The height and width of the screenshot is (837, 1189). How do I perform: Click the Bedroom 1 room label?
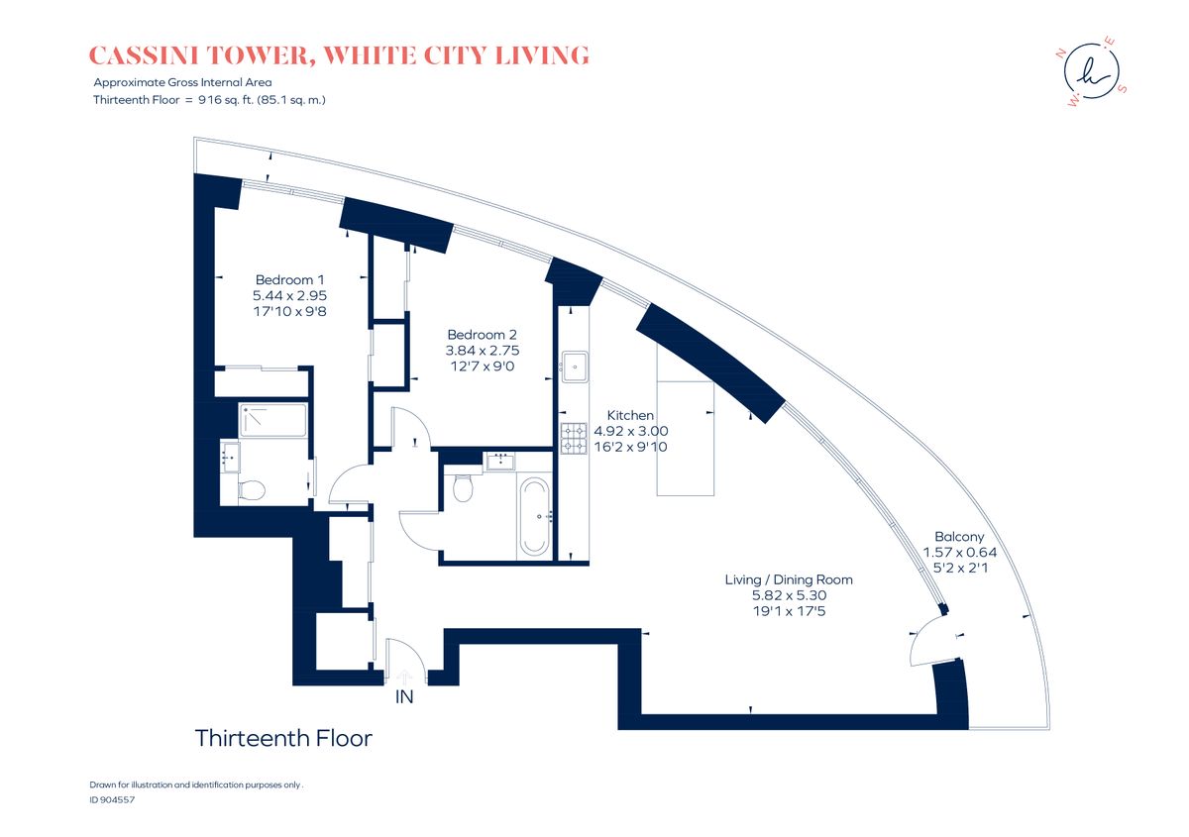click(x=289, y=279)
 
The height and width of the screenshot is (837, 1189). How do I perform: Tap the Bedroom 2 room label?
click(x=482, y=335)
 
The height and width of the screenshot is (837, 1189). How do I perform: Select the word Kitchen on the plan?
click(x=630, y=416)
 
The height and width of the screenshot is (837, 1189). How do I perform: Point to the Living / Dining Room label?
click(x=789, y=579)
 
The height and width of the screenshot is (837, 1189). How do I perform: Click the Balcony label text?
click(x=959, y=537)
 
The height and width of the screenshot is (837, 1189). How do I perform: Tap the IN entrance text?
click(x=404, y=697)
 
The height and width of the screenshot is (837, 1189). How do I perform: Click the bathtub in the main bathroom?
click(x=534, y=516)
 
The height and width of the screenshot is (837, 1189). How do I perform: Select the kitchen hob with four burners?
click(x=574, y=439)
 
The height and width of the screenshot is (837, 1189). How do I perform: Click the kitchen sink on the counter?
click(x=575, y=366)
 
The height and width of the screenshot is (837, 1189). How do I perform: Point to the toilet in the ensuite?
click(x=251, y=490)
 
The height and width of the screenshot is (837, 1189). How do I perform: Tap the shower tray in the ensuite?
click(x=272, y=420)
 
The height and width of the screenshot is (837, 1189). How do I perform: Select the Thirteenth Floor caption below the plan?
click(x=283, y=738)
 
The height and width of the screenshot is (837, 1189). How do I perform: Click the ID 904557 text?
click(x=112, y=799)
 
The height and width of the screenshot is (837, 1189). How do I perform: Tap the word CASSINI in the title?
click(x=144, y=55)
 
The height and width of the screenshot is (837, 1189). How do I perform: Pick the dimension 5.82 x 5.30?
click(x=789, y=595)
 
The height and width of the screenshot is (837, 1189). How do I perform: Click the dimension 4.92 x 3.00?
click(x=630, y=432)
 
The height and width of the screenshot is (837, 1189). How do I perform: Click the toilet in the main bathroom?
click(x=463, y=488)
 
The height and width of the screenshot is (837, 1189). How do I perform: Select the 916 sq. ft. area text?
click(x=226, y=100)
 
